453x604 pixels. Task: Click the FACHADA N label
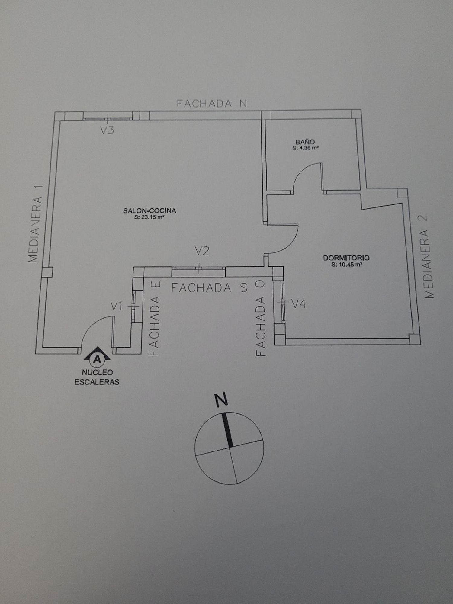[212, 104]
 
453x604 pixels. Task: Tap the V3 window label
[107, 130]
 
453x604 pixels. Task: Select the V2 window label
[202, 251]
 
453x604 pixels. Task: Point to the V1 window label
[116, 307]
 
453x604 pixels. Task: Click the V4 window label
[299, 304]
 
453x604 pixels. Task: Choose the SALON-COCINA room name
[149, 211]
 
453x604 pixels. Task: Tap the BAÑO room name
[305, 142]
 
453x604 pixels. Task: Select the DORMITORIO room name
[346, 258]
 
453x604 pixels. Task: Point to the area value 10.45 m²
[346, 265]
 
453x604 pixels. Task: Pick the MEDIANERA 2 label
[429, 256]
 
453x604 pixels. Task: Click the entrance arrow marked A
[97, 357]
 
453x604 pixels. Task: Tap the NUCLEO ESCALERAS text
[97, 377]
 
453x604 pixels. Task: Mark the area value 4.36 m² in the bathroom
[305, 148]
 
